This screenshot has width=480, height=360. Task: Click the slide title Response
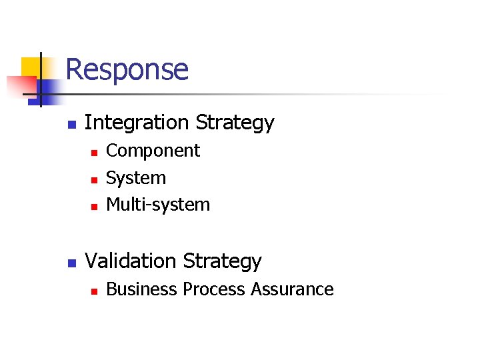coord(127,69)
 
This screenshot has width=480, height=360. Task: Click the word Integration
coord(137,123)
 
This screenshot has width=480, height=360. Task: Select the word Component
coord(153,151)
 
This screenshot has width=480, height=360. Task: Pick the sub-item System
coord(136,178)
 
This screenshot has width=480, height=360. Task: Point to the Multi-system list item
coord(158,205)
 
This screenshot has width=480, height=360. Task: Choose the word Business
coord(142,289)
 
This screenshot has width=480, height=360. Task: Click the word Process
coord(214,289)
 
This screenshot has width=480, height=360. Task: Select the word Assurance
coord(292,289)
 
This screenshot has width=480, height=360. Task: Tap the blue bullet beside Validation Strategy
coord(71,263)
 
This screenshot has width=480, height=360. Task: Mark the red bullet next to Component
coord(94,153)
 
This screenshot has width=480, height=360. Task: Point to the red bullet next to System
coord(94,180)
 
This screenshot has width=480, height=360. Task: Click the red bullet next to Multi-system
coord(94,207)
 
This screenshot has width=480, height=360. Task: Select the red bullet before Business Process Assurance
coord(94,291)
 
